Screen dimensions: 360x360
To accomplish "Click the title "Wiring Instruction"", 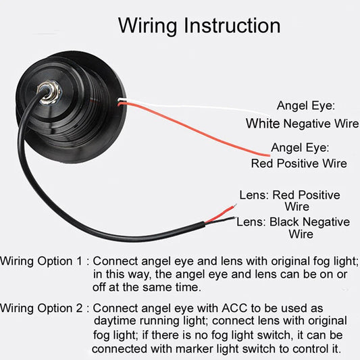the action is tap(199, 26).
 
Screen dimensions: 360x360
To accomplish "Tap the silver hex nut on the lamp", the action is tap(50, 93).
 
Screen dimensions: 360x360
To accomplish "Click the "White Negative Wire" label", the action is tap(303, 124).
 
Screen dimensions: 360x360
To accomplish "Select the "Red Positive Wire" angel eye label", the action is tap(299, 163).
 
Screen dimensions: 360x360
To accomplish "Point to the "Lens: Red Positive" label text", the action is tap(290, 195).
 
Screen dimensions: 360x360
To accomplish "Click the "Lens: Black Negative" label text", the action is tap(293, 222).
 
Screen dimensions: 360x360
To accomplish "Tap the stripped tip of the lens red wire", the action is tap(234, 205).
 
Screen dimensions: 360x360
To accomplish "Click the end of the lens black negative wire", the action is tap(234, 217).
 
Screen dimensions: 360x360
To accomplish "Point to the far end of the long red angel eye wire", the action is tap(268, 155).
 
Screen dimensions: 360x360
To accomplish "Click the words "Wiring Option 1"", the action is tap(41, 261).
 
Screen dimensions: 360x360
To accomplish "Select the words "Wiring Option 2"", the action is tap(41, 308).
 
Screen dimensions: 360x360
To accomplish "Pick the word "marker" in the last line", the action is tap(195, 349).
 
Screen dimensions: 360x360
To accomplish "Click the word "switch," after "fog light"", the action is tap(276, 335).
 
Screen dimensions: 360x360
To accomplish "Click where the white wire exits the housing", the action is tap(119, 100).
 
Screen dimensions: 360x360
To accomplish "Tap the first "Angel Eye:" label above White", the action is tap(306, 106).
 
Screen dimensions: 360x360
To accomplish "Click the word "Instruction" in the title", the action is tap(232, 26).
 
